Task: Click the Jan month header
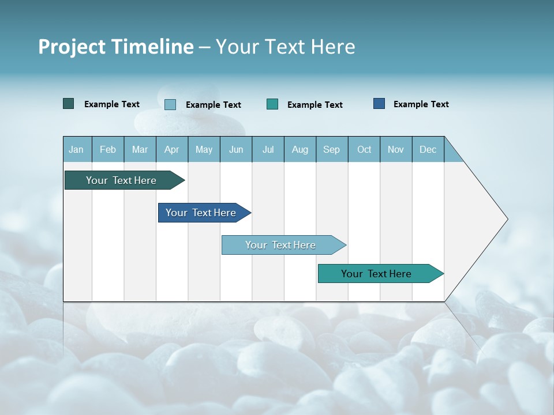pos(76,149)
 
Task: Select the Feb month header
pos(108,149)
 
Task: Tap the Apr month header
pos(171,149)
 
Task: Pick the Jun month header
pos(236,149)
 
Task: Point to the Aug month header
pos(300,149)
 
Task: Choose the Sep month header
pos(331,149)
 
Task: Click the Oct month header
pos(364,149)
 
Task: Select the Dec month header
pos(428,149)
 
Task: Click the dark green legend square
pos(68,104)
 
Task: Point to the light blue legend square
pos(170,104)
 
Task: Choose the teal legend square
pos(272,104)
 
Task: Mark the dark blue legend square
pos(379,104)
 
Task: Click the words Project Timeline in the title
pos(116,47)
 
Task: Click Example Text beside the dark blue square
pos(421,104)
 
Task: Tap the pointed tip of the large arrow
pos(506,219)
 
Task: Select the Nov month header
pos(396,149)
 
